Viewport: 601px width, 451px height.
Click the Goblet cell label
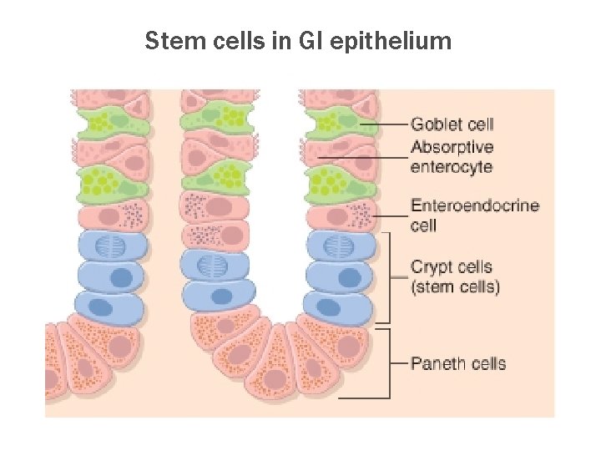[452, 124]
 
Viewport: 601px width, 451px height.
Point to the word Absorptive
[452, 148]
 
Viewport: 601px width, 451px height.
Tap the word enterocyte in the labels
[451, 166]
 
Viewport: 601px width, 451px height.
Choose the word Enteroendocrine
[474, 206]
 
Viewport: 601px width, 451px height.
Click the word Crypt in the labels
[429, 268]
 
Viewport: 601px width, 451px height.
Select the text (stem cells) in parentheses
[455, 287]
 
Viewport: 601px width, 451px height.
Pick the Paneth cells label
[458, 363]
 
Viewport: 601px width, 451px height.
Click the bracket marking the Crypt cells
[389, 276]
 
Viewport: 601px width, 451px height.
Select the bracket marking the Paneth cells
[389, 363]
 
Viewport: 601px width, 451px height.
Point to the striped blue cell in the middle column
[215, 266]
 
